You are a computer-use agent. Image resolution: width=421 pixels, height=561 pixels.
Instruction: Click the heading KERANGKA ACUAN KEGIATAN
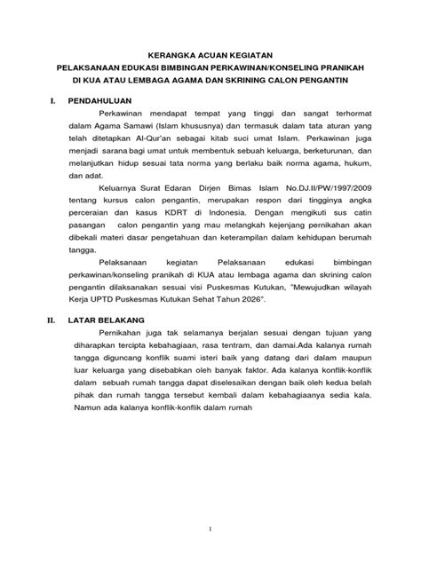click(210, 54)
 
